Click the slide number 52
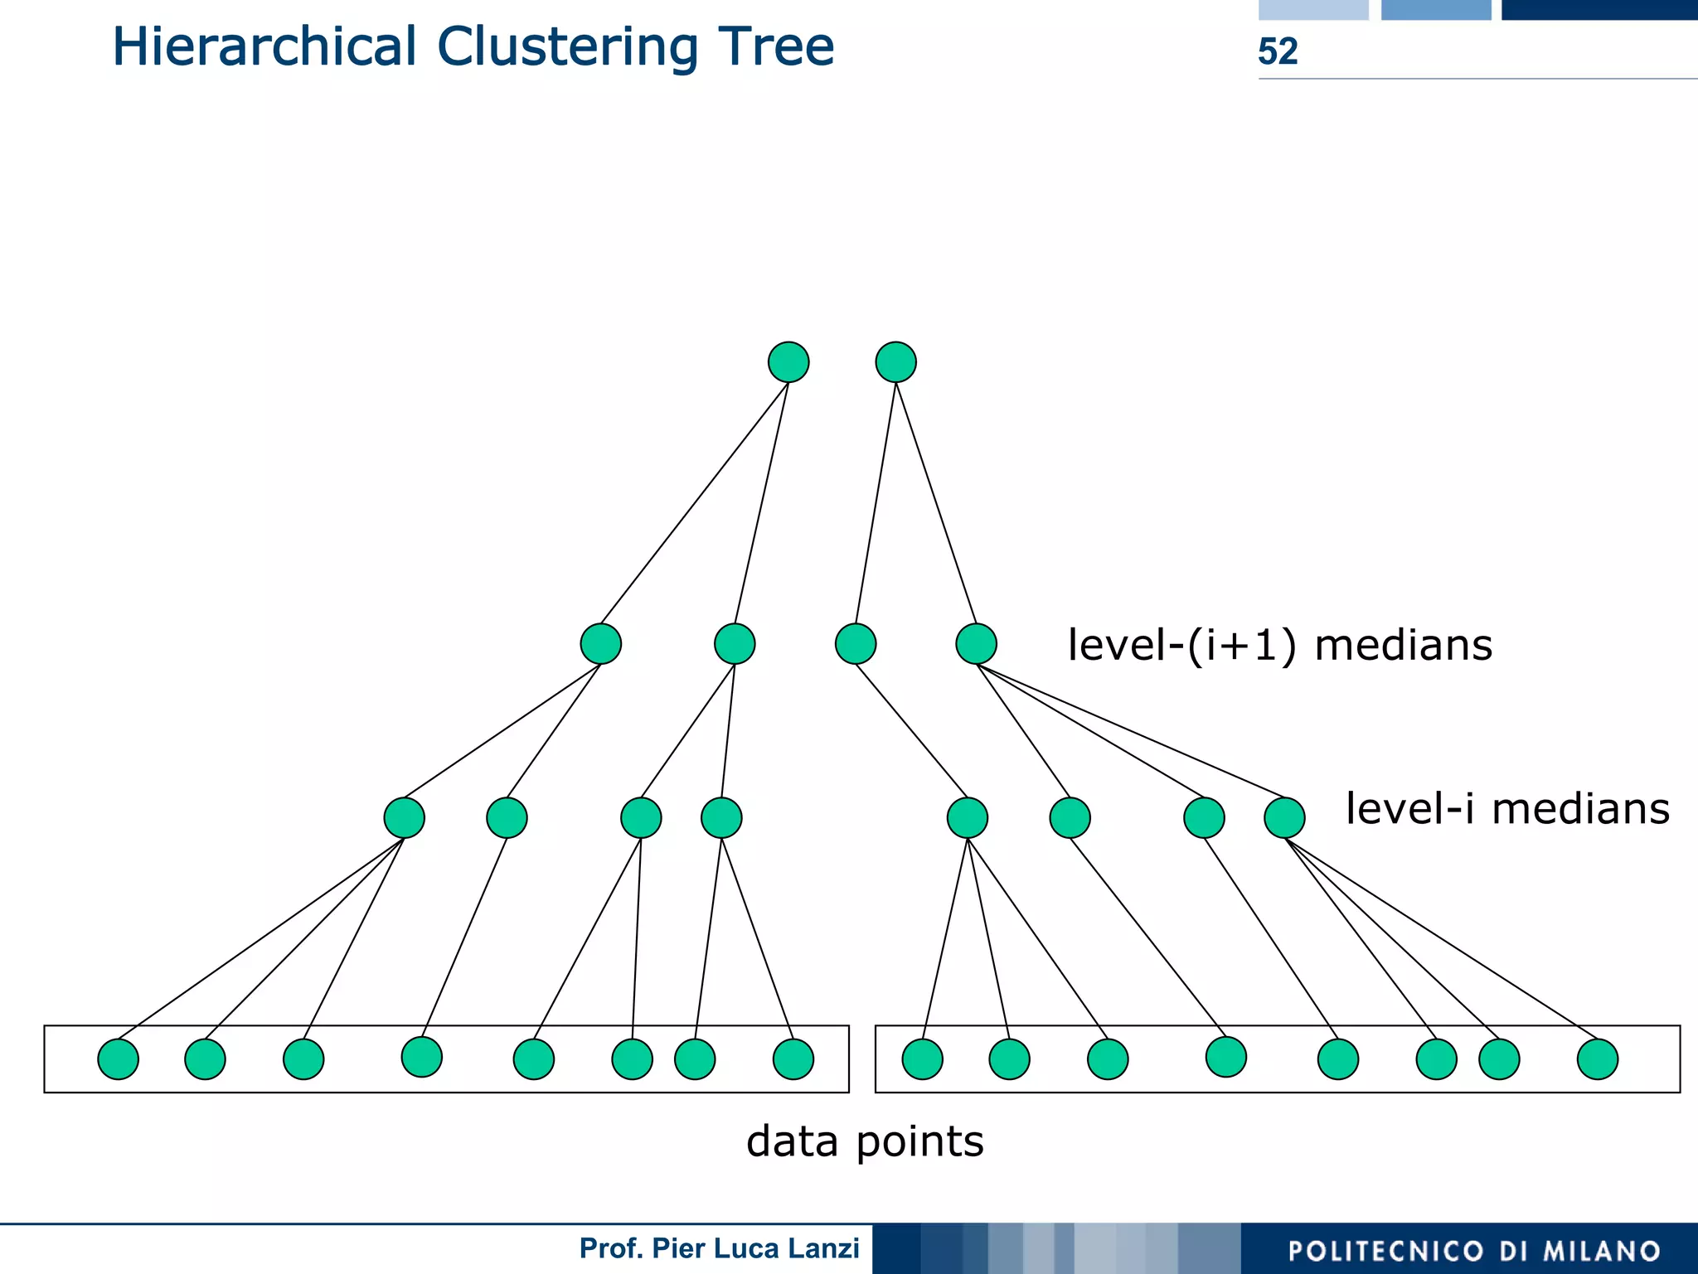pyautogui.click(x=1277, y=51)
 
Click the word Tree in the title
pyautogui.click(x=776, y=46)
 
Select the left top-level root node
pyautogui.click(x=788, y=362)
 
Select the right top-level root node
pyautogui.click(x=895, y=362)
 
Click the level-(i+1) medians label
pyautogui.click(x=1279, y=645)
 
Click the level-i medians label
pyautogui.click(x=1506, y=808)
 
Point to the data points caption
pyautogui.click(x=864, y=1141)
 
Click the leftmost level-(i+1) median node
pyautogui.click(x=600, y=644)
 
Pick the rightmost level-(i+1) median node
pyautogui.click(x=976, y=644)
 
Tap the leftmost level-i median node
pyautogui.click(x=404, y=818)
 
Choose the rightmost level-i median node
pyautogui.click(x=1284, y=818)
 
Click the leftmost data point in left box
pyautogui.click(x=118, y=1059)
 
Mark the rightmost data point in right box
pyautogui.click(x=1597, y=1059)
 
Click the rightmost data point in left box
pyautogui.click(x=793, y=1059)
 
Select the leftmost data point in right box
pyautogui.click(x=922, y=1059)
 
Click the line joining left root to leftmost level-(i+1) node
pyautogui.click(x=695, y=503)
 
